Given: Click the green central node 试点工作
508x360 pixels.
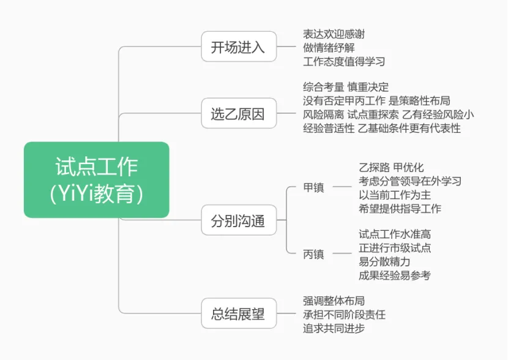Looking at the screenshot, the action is pyautogui.click(x=97, y=179).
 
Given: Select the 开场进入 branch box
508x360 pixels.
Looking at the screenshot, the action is pyautogui.click(x=238, y=47).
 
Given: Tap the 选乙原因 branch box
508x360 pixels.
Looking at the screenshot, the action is pyautogui.click(x=238, y=114).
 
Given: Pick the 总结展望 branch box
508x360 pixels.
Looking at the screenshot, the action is pyautogui.click(x=238, y=314).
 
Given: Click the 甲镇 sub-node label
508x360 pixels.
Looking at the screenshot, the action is pyautogui.click(x=313, y=187).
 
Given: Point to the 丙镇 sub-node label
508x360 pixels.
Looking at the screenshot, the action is pyautogui.click(x=313, y=254).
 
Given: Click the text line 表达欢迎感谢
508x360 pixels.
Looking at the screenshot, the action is pyautogui.click(x=334, y=34).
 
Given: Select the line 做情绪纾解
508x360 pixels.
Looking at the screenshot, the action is pyautogui.click(x=329, y=48).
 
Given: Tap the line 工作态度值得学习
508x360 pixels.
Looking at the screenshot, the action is pyautogui.click(x=344, y=61).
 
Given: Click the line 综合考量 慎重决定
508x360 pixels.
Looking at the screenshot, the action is pyautogui.click(x=346, y=87).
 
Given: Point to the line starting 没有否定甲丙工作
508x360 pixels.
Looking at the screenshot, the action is pyautogui.click(x=376, y=100).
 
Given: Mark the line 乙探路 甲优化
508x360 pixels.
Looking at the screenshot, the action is pyautogui.click(x=391, y=167).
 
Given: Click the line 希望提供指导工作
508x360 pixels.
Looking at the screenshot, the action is pyautogui.click(x=400, y=208).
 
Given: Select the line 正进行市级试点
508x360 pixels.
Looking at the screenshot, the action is pyautogui.click(x=395, y=247).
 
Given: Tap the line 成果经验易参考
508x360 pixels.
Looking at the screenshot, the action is pyautogui.click(x=395, y=275).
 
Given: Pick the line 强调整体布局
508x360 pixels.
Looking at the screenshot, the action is pyautogui.click(x=334, y=301).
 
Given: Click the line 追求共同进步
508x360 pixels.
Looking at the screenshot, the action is pyautogui.click(x=334, y=328).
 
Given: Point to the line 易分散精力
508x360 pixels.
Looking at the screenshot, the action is pyautogui.click(x=384, y=261).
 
